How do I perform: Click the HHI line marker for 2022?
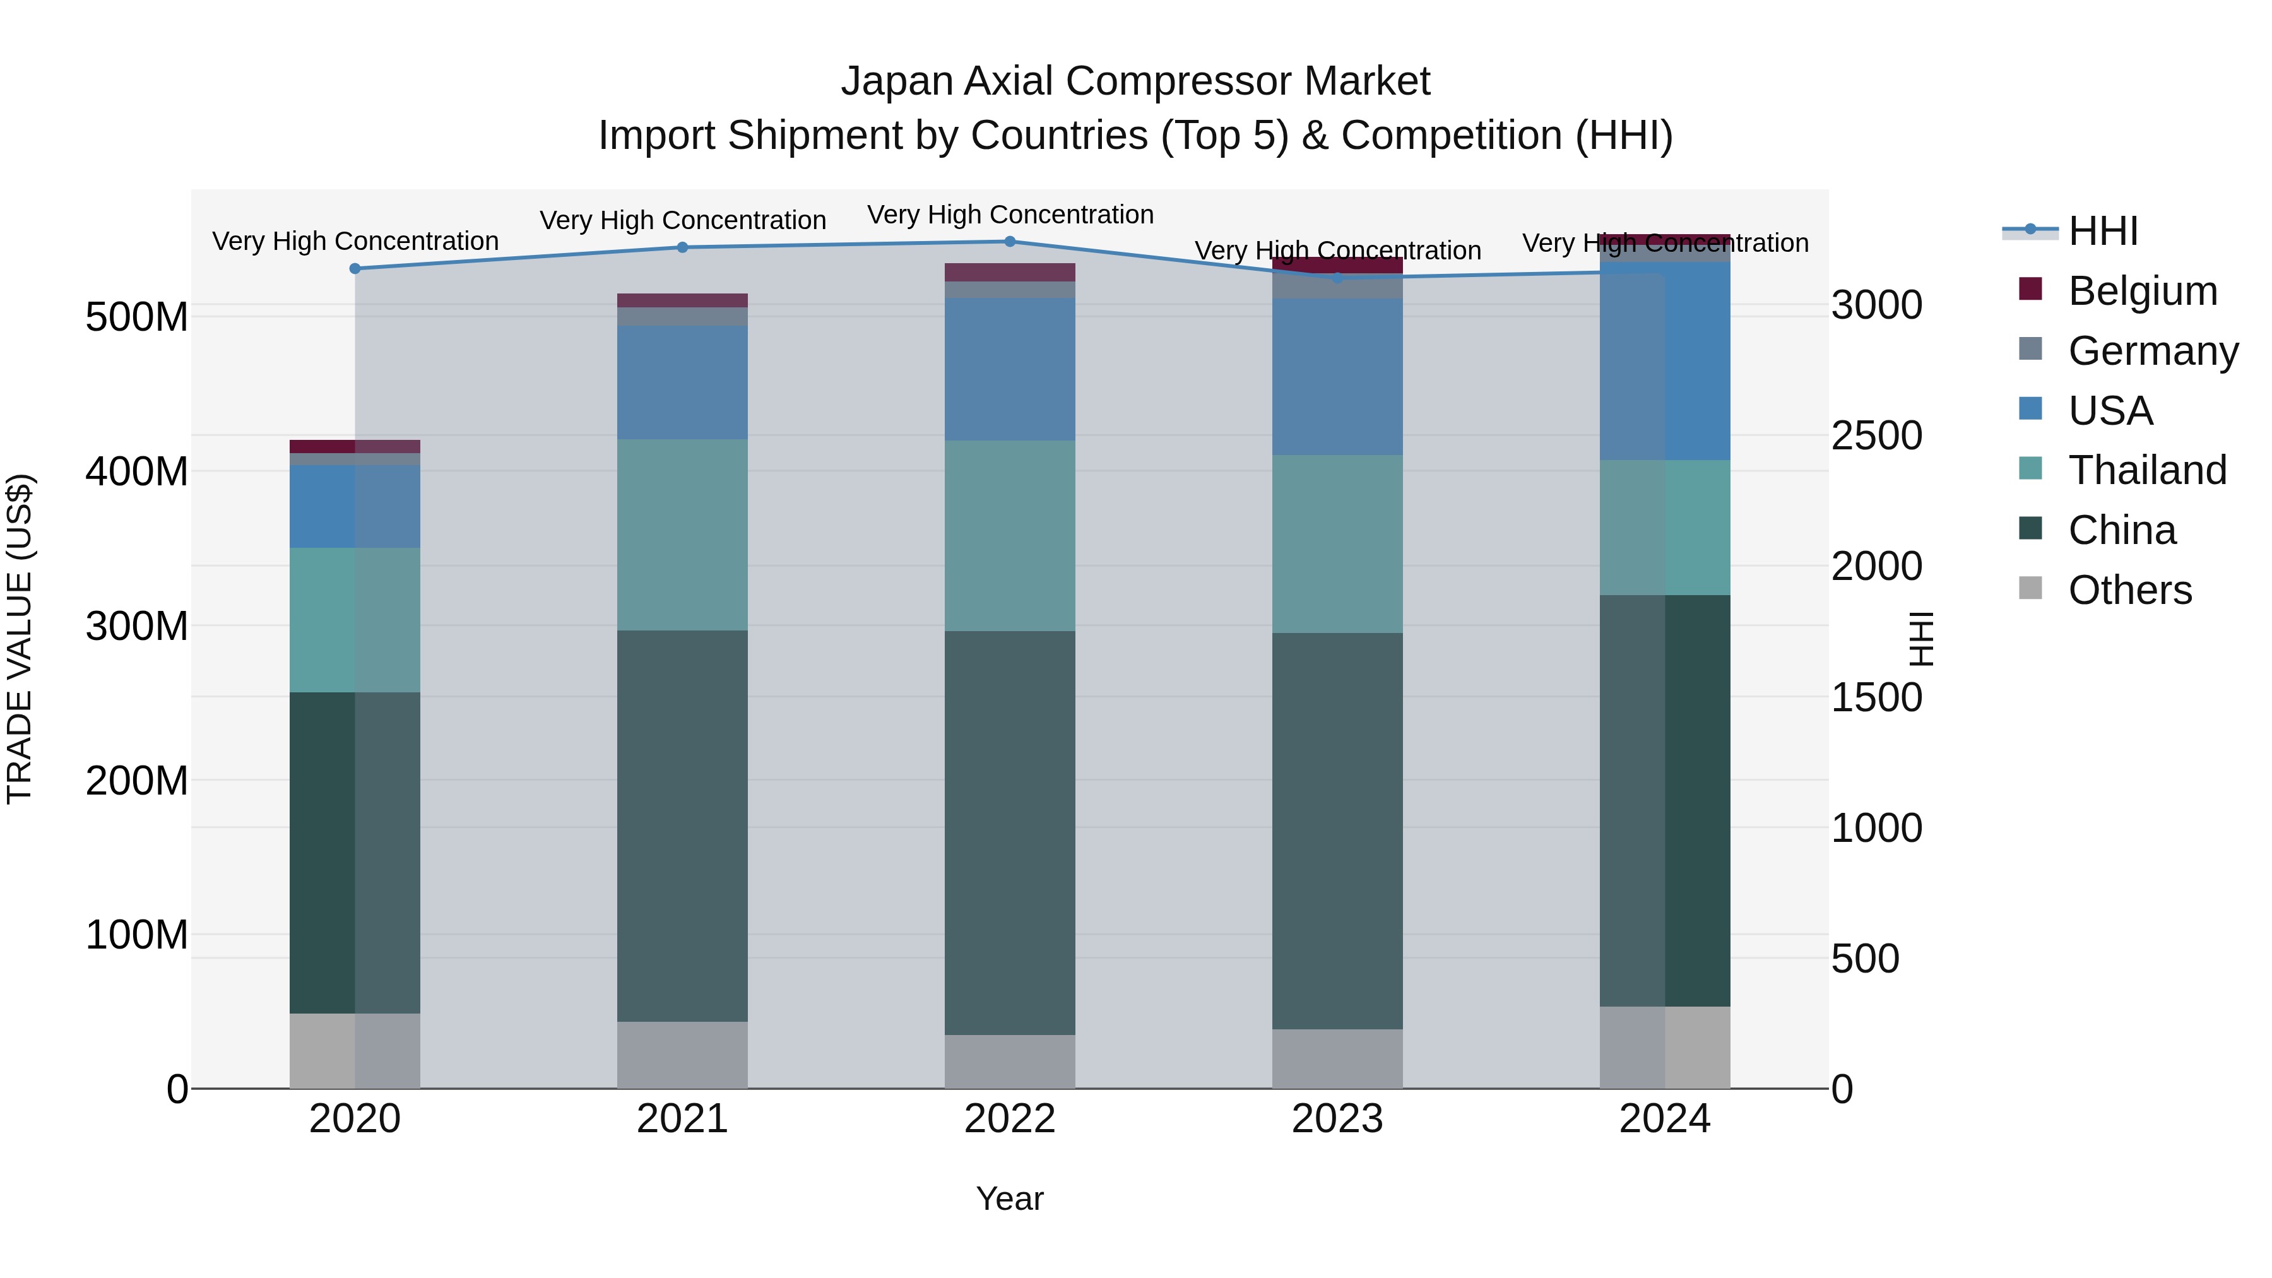pyautogui.click(x=1010, y=241)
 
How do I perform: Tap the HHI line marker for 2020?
pyautogui.click(x=355, y=268)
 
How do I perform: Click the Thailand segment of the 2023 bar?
pyautogui.click(x=1337, y=543)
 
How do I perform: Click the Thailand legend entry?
pyautogui.click(x=2147, y=470)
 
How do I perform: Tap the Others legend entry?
pyautogui.click(x=2129, y=590)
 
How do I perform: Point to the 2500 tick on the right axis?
pyautogui.click(x=1876, y=435)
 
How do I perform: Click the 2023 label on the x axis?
pyautogui.click(x=1337, y=1119)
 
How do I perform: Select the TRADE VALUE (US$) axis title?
pyautogui.click(x=20, y=639)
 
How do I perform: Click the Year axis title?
pyautogui.click(x=1010, y=1198)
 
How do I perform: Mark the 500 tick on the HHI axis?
pyautogui.click(x=1864, y=959)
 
